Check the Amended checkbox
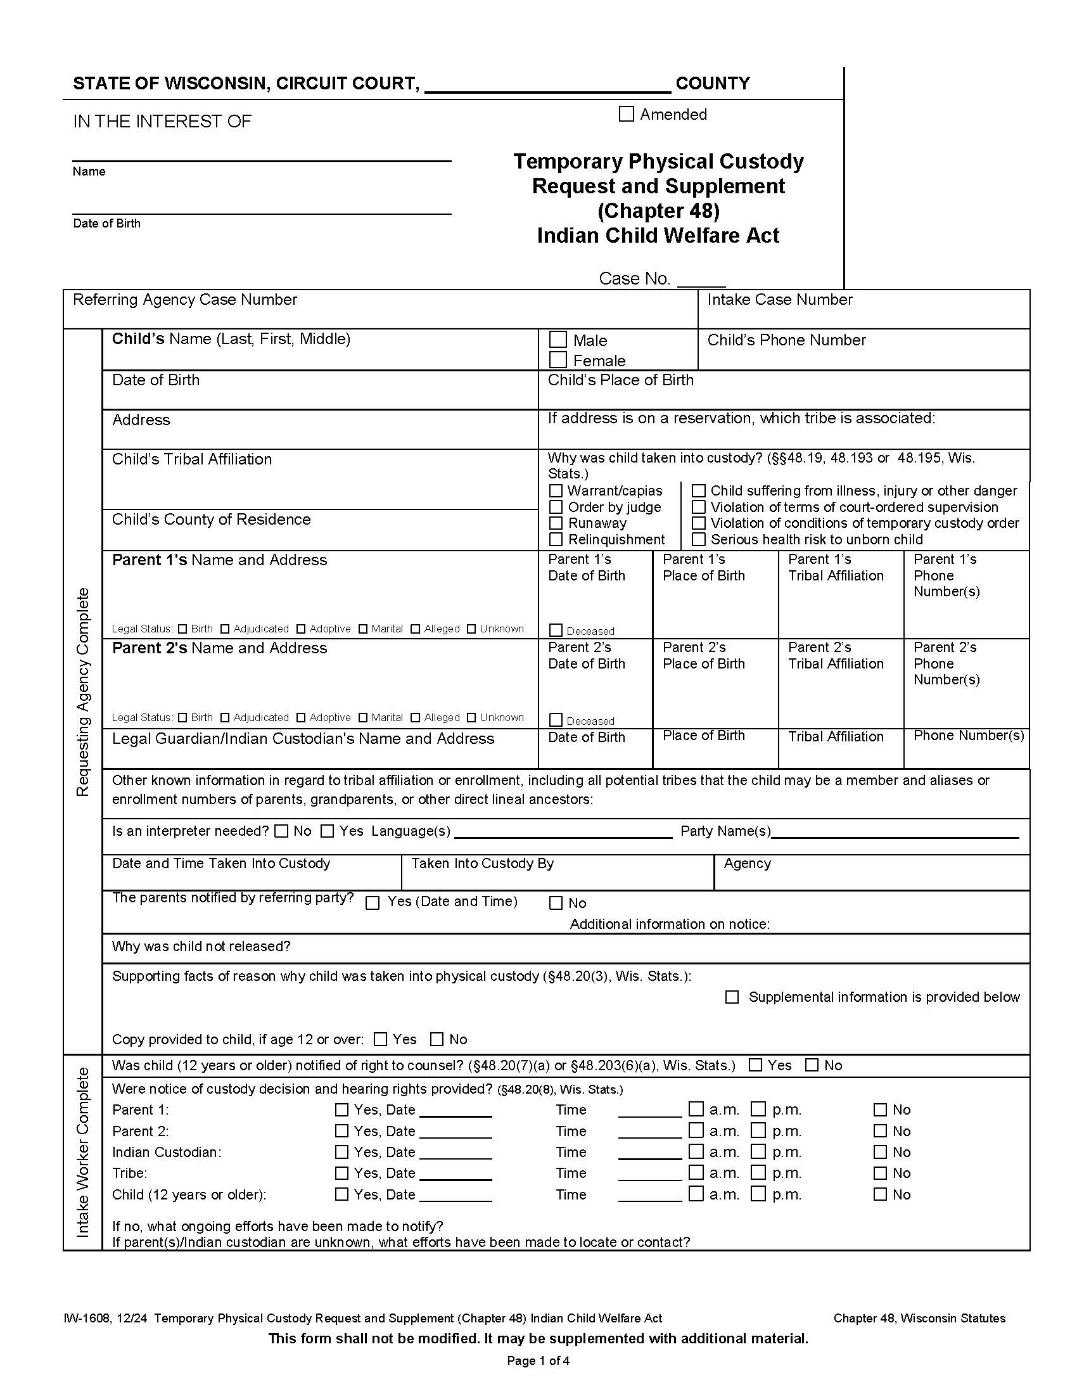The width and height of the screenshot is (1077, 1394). [x=626, y=113]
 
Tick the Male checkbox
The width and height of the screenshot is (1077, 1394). [x=558, y=340]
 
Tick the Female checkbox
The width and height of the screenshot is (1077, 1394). [x=558, y=360]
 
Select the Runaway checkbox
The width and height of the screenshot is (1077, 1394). [x=556, y=523]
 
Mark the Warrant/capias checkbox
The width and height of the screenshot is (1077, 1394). [x=556, y=490]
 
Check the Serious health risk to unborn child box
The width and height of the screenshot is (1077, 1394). [x=699, y=539]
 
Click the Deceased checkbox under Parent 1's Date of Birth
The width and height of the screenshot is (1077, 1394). [x=556, y=630]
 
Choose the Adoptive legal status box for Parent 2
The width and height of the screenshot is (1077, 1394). [x=301, y=717]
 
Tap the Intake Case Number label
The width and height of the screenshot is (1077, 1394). [x=779, y=299]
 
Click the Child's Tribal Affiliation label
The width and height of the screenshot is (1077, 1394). [x=191, y=459]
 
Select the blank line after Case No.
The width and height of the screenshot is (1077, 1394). [x=701, y=281]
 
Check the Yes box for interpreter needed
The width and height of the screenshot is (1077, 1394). [x=328, y=831]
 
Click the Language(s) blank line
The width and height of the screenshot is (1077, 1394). [x=563, y=833]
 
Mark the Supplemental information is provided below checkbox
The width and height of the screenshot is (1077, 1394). [x=732, y=997]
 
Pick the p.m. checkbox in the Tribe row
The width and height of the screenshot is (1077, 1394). [x=758, y=1172]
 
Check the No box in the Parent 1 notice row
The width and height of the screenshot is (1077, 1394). [x=880, y=1109]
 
